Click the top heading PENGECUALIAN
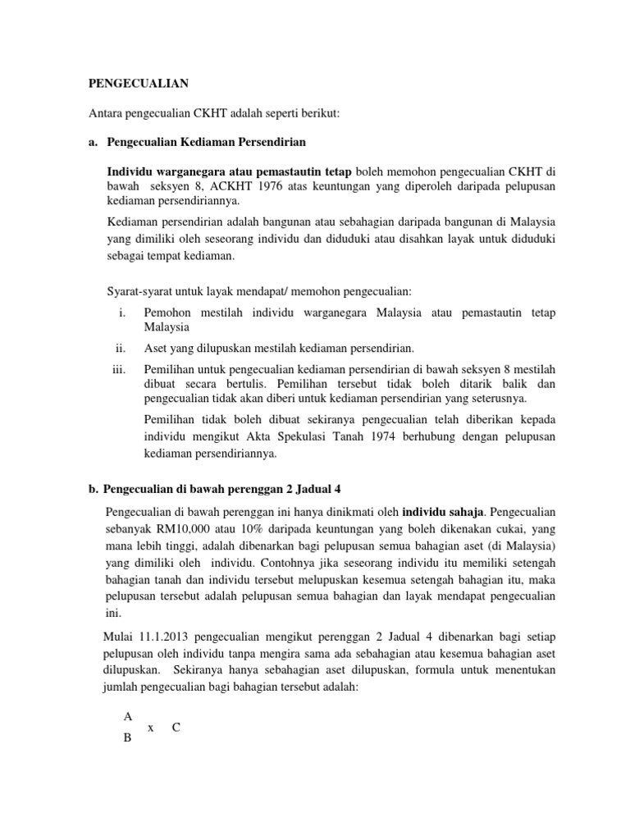(139, 83)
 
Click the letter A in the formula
(127, 716)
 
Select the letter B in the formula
(127, 737)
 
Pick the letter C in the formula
(176, 727)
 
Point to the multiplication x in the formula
(151, 728)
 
